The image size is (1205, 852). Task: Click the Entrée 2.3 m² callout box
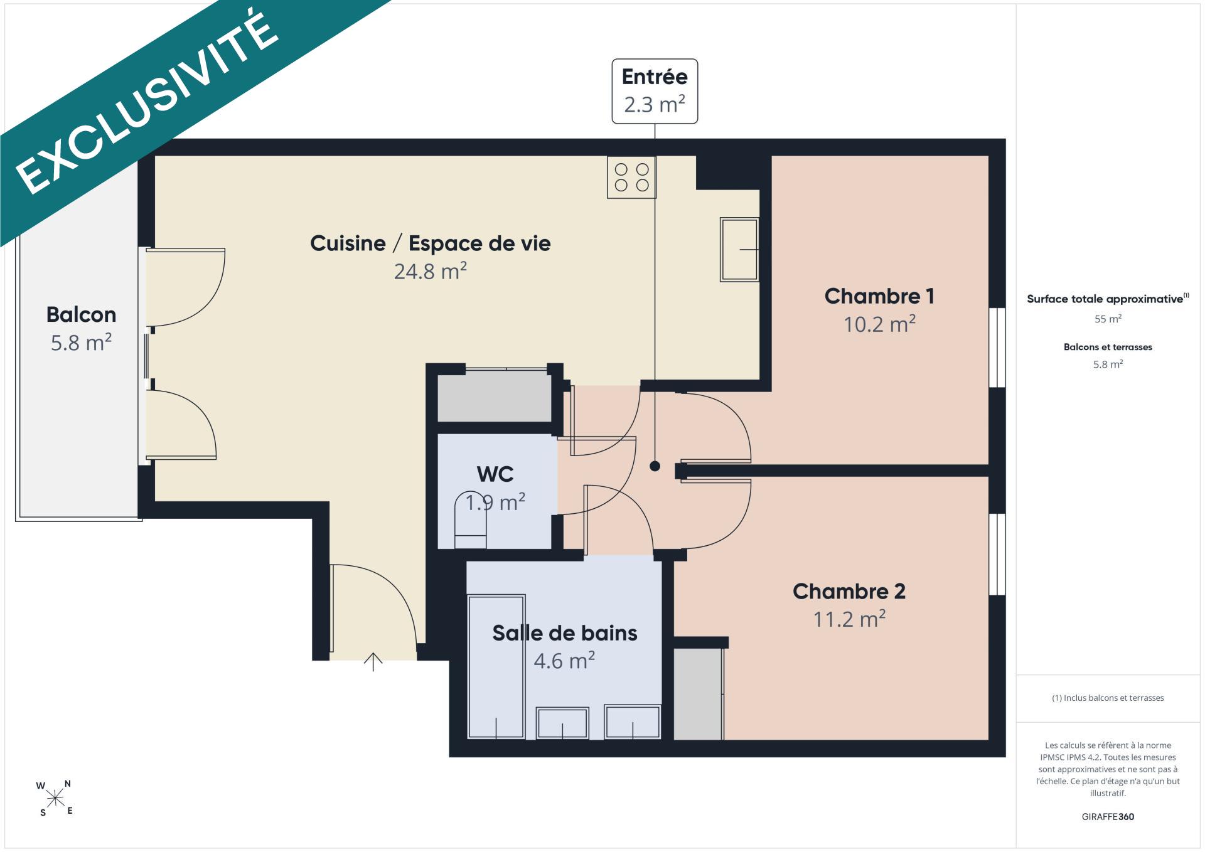[655, 91]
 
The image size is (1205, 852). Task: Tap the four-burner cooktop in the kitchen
[631, 177]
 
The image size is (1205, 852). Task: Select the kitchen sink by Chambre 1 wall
[739, 249]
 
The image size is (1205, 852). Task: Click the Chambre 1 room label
[879, 296]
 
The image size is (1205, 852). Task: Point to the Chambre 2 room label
[849, 591]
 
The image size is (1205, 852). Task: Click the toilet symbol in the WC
[470, 519]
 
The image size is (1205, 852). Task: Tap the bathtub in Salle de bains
[496, 666]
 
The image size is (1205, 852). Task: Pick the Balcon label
[81, 314]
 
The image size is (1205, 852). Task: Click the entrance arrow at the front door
[373, 662]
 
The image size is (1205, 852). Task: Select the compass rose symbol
[55, 798]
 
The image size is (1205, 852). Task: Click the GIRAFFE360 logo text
[1108, 817]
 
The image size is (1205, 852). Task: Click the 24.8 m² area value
[431, 271]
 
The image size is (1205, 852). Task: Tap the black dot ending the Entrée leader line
[655, 466]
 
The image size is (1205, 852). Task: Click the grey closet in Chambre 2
[698, 694]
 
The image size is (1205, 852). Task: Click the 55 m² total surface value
[1108, 319]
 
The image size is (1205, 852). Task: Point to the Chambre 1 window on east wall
[997, 348]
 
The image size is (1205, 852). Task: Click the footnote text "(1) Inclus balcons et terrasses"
[1108, 698]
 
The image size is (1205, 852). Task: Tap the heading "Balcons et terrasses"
[1108, 347]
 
